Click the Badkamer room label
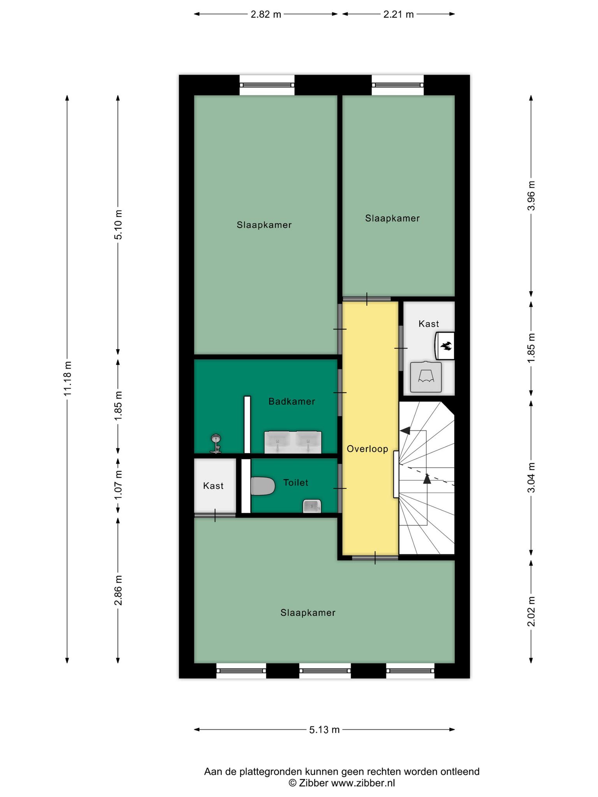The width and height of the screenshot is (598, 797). pos(292,401)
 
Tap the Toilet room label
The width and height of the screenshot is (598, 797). pos(295,483)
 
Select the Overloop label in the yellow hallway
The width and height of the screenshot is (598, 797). pos(368,449)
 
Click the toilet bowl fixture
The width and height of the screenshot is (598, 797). pos(263,486)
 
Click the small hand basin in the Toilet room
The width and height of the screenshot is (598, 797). pos(312,506)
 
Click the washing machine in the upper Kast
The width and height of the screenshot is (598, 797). pos(426,377)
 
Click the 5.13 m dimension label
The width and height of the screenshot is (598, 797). pos(324,730)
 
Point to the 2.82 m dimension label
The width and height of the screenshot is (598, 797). pos(266,14)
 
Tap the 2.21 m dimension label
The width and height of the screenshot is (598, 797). pos(398,14)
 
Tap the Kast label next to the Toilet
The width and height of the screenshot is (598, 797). pos(213,486)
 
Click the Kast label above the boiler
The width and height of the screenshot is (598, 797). pos(429,324)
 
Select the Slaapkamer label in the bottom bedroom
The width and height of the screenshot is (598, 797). pos(308,613)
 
